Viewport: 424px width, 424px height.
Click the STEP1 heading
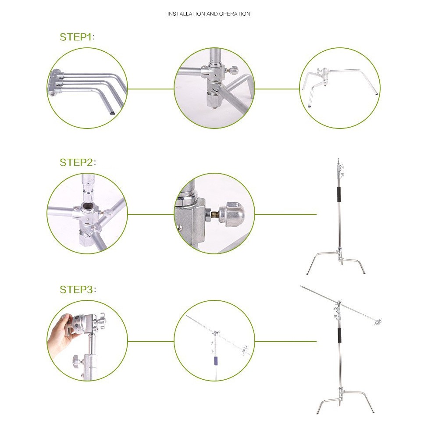coord(77,37)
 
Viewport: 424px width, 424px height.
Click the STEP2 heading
coord(78,163)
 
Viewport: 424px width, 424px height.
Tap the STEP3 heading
coord(78,289)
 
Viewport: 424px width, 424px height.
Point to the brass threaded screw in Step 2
coord(214,213)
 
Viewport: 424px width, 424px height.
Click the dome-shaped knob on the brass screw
coord(231,213)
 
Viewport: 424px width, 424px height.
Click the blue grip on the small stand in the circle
coord(216,360)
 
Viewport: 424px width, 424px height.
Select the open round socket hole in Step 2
coord(87,207)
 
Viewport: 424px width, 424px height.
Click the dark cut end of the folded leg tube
coord(111,112)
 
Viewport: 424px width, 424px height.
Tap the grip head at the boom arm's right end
coord(378,321)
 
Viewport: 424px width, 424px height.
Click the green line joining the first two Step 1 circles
coord(151,89)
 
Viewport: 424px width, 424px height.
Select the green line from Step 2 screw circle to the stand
coord(285,214)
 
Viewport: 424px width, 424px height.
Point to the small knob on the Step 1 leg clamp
coord(233,71)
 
